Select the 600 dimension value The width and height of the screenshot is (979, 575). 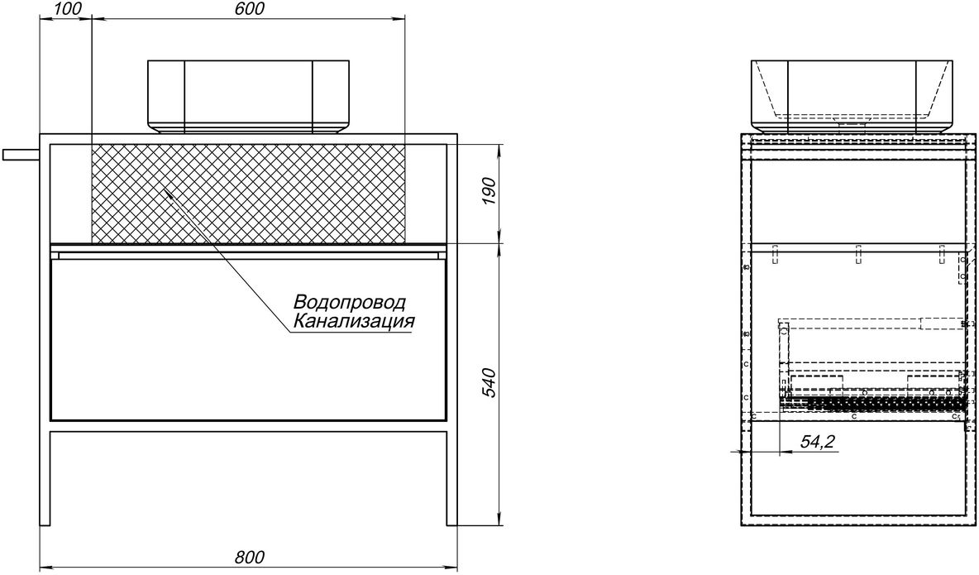click(x=249, y=8)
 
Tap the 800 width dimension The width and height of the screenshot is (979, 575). click(x=249, y=556)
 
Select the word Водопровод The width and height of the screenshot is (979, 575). click(x=350, y=302)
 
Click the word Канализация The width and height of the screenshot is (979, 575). click(x=354, y=322)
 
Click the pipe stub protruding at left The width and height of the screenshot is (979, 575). click(x=21, y=155)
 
